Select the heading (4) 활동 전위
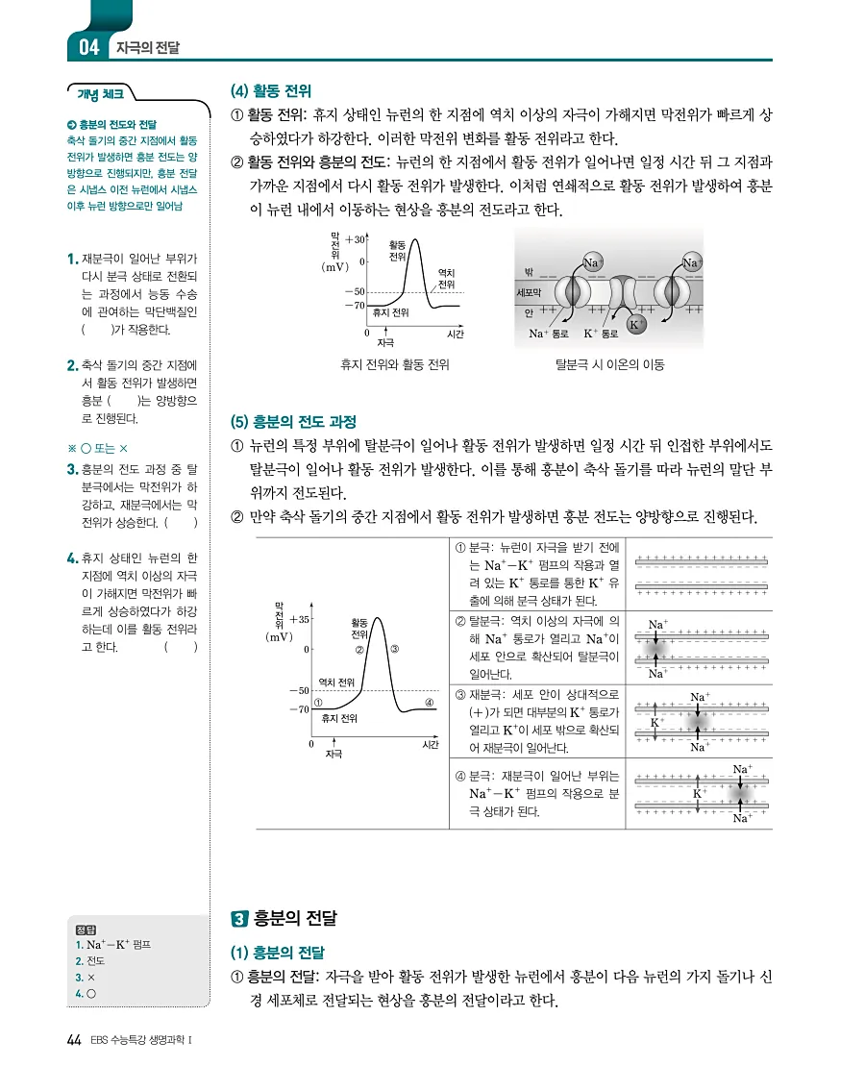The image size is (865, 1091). pyautogui.click(x=271, y=91)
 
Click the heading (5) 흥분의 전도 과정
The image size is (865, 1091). pyautogui.click(x=293, y=421)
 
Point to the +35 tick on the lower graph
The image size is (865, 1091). pyautogui.click(x=296, y=620)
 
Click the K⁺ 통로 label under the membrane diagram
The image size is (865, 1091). pyautogui.click(x=602, y=335)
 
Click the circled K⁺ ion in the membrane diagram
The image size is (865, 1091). pyautogui.click(x=634, y=325)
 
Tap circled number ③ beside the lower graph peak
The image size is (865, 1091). pyautogui.click(x=395, y=649)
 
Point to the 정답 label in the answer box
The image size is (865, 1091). pyautogui.click(x=85, y=929)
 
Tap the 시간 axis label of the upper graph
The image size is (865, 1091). pyautogui.click(x=456, y=334)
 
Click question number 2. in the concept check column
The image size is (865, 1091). pyautogui.click(x=73, y=365)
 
